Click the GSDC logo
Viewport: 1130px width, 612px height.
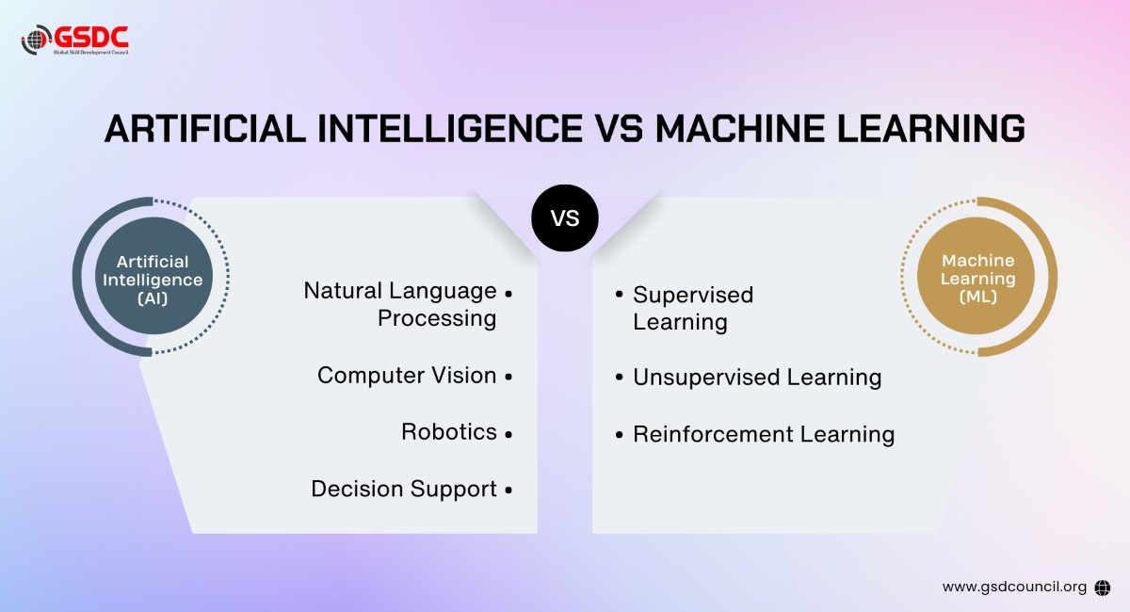pos(74,39)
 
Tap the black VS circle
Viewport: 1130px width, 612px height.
pos(565,219)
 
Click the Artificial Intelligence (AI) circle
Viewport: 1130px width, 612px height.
pos(153,280)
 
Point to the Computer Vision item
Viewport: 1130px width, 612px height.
pos(407,376)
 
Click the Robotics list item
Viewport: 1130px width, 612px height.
pos(449,432)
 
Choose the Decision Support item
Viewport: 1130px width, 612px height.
pos(404,490)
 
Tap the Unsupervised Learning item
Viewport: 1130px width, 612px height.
pos(757,378)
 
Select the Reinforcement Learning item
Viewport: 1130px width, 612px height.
pos(764,434)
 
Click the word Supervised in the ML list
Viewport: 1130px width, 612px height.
pos(693,296)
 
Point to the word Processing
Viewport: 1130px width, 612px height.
pos(437,318)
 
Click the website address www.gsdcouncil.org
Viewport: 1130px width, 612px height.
pos(1014,587)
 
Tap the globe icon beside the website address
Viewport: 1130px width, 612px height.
pos(1104,587)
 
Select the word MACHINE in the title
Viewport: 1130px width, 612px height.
pos(729,128)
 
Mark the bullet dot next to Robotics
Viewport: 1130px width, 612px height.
pos(508,434)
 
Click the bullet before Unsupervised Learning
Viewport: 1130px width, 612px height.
pos(619,378)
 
